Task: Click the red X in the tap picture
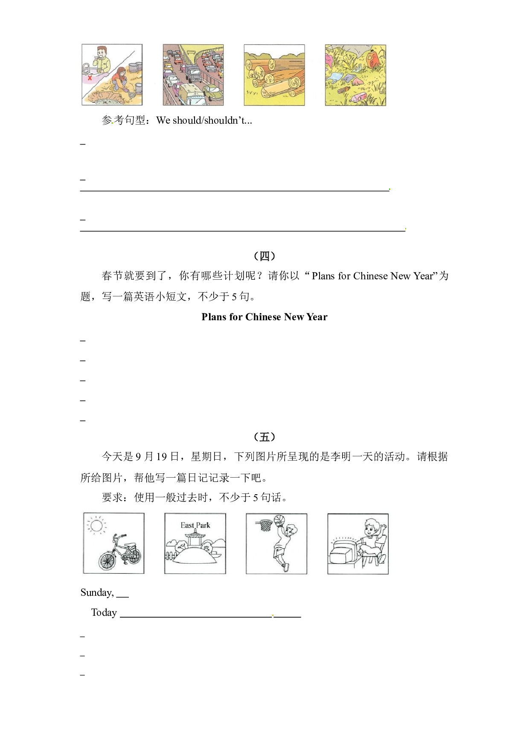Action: [90, 78]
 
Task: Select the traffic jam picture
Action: [193, 75]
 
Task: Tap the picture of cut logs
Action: [274, 75]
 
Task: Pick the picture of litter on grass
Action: [355, 75]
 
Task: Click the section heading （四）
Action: [264, 256]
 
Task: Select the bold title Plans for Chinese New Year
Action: [264, 317]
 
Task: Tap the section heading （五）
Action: [264, 437]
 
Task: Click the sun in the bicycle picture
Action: [96, 525]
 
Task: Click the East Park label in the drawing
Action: [195, 525]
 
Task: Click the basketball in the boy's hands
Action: [279, 520]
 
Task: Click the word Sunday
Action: [97, 593]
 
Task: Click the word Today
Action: [104, 612]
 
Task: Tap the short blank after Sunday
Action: [122, 597]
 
